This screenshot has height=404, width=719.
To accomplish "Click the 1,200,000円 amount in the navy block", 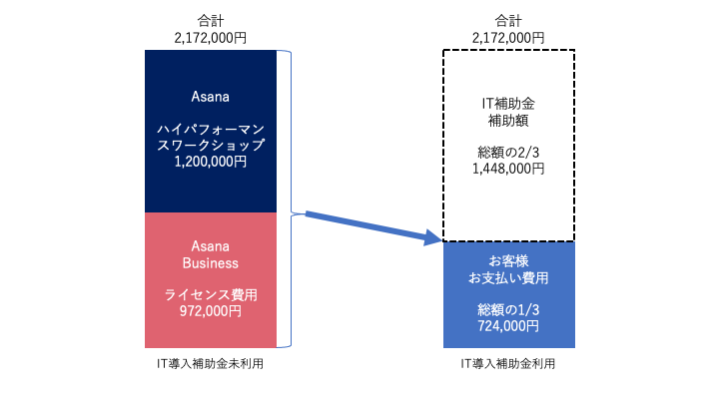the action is coord(211,162).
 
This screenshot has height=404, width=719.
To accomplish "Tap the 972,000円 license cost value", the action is coord(211,311).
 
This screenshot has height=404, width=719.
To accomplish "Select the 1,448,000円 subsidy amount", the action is coord(508,169).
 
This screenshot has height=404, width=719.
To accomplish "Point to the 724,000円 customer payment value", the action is coord(508,326).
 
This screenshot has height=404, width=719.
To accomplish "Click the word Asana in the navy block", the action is coord(211,97).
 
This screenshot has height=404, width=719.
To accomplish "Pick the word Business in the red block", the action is coord(211,263).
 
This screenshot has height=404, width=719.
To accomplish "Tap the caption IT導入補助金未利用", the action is coord(210,364).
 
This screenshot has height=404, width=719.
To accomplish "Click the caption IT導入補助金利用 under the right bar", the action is coord(508,364).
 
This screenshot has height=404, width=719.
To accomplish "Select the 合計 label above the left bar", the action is coord(211,21).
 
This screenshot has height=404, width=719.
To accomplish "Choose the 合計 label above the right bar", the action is coord(508,21).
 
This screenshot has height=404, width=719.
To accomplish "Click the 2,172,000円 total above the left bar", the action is coord(211,38).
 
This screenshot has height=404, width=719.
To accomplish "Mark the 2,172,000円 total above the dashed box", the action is coord(508,38).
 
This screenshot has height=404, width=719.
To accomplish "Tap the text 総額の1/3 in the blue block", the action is coord(508,310).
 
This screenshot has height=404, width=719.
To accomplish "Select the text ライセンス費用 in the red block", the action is coord(211,294).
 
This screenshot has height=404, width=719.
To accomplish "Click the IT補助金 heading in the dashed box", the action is coord(508,104).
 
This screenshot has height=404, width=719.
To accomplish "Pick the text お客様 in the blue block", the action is coord(508,261).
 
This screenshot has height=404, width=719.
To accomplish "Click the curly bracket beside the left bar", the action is coord(291,199).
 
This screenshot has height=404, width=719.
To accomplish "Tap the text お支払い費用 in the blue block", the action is coord(508,278).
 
